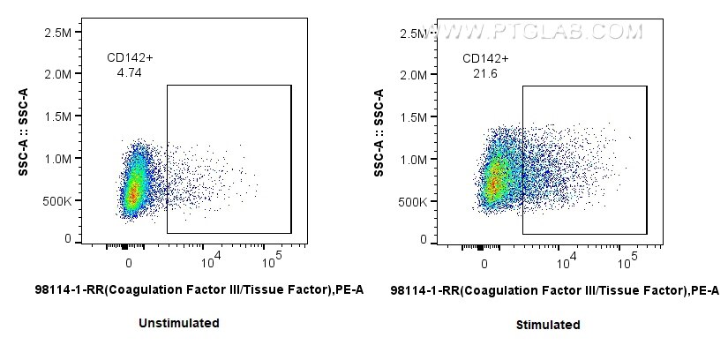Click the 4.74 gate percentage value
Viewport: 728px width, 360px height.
[130, 74]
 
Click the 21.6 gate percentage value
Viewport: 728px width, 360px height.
[484, 74]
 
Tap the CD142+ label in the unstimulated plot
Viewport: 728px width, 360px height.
[130, 58]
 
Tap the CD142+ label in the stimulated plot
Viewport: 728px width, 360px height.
[485, 58]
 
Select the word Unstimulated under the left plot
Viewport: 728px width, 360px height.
[179, 323]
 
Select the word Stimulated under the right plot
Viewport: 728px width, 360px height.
[548, 324]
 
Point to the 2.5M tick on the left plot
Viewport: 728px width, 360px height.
[57, 33]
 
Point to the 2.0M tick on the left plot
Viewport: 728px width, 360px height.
[57, 75]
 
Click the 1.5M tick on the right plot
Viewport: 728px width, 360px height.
[412, 116]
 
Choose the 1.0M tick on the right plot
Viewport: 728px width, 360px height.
[412, 159]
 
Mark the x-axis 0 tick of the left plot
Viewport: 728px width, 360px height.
[129, 262]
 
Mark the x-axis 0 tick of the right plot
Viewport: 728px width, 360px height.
[484, 262]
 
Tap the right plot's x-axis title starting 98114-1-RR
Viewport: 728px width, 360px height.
[554, 289]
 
